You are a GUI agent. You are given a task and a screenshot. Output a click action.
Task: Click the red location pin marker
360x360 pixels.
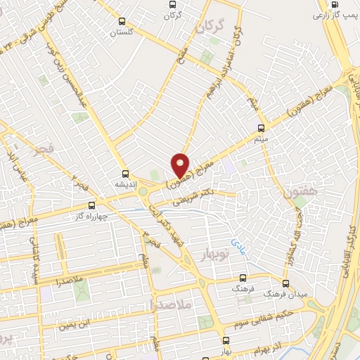coord(181,165)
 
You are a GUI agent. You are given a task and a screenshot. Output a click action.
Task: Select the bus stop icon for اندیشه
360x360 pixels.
coord(125,173)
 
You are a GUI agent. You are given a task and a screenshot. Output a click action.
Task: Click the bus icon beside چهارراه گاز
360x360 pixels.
coord(91,207)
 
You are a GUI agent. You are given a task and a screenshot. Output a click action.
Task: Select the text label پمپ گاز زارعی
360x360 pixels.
coord(330,14)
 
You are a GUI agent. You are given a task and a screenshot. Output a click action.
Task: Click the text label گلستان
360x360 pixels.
coord(124,33)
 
